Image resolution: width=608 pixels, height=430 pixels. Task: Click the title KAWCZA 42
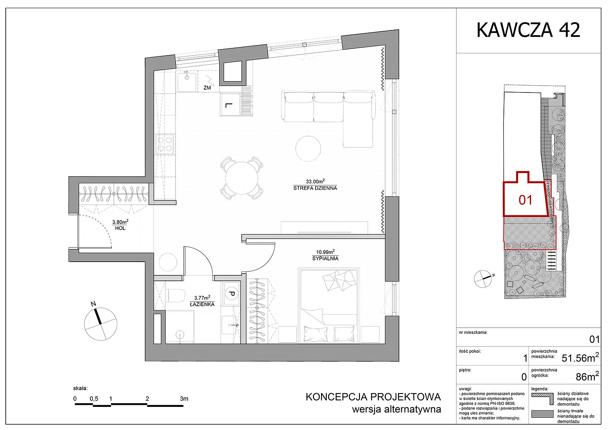tap(528, 30)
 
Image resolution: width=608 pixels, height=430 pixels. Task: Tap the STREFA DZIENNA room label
tap(315, 188)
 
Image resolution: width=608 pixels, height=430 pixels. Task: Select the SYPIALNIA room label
tap(325, 258)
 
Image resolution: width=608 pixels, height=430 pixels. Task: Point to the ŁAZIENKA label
tap(202, 305)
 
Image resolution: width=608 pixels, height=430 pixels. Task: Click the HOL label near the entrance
tap(120, 228)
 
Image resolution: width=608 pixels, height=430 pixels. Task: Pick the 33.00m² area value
tap(315, 181)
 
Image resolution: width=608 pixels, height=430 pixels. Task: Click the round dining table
tap(242, 178)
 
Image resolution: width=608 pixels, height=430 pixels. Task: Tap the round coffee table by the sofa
tap(308, 148)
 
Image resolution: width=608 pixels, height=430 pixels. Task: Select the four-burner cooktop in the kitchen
tap(165, 144)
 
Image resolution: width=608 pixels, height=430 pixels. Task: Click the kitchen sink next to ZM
tap(187, 81)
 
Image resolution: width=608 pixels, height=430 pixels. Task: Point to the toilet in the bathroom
tap(176, 296)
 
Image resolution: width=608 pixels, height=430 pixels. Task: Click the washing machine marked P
tap(231, 293)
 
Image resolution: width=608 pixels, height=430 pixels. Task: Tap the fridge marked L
tap(230, 105)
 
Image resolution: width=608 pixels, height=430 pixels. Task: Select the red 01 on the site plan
tap(525, 200)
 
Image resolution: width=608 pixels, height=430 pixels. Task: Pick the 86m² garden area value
tap(587, 377)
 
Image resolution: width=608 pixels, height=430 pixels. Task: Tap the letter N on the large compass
tap(93, 304)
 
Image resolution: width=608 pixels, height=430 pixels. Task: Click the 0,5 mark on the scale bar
tap(94, 399)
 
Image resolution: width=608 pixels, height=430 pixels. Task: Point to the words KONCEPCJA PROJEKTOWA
tap(373, 397)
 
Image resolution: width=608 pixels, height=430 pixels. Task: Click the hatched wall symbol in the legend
tap(542, 398)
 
